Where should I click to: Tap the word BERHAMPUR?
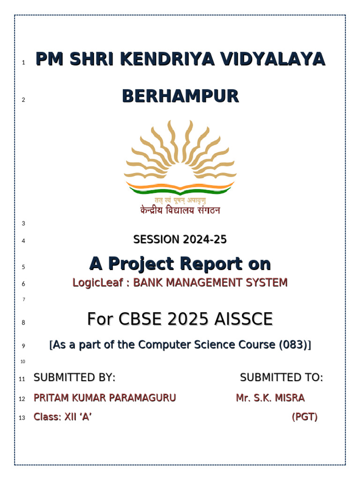180,97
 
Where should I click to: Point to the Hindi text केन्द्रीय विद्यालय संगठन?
180,210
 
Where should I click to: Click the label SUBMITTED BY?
75,377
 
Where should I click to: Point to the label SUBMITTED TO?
281,377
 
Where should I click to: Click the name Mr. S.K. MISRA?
270,398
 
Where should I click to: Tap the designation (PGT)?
305,417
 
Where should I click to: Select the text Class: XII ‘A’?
62,417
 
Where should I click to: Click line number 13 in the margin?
22,418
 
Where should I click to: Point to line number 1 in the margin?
23,62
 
